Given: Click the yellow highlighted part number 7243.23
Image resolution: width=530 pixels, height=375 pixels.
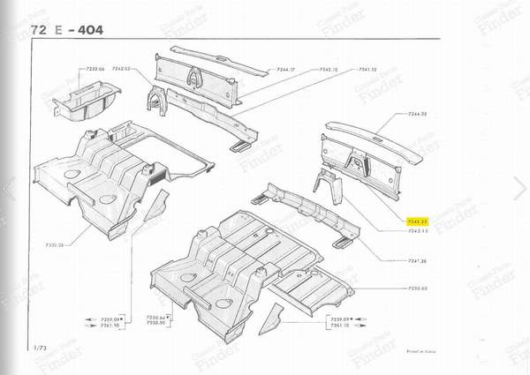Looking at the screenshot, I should tap(418, 221).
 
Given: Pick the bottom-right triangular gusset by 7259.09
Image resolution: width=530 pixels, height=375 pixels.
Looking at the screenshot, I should tap(276, 311).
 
